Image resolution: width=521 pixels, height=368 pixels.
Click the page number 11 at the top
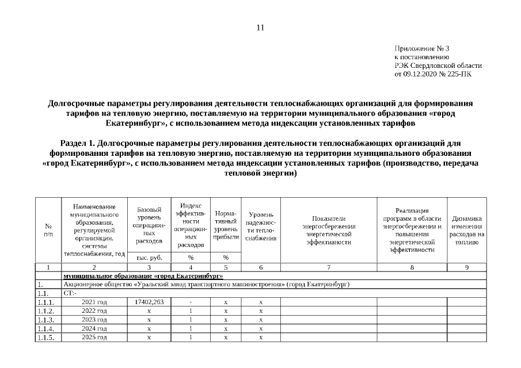[x=260, y=28]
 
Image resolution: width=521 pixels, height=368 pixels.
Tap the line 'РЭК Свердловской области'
[x=438, y=66]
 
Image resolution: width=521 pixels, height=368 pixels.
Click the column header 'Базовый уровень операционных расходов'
[x=149, y=225]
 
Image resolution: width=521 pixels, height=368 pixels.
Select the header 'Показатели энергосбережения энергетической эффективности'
[x=328, y=231]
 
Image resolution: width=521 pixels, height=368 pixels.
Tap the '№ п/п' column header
[x=48, y=231]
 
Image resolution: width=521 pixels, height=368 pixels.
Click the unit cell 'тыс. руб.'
[x=149, y=258]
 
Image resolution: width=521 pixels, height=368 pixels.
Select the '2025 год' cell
[x=94, y=337]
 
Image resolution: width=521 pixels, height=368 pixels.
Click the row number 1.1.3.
[x=46, y=320]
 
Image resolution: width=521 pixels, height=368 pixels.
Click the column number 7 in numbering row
[x=328, y=267]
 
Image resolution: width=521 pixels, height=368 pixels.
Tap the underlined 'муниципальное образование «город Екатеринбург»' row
[x=143, y=276]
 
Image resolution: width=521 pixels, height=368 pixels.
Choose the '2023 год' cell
[x=94, y=320]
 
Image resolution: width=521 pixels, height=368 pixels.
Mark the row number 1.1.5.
[x=46, y=338]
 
